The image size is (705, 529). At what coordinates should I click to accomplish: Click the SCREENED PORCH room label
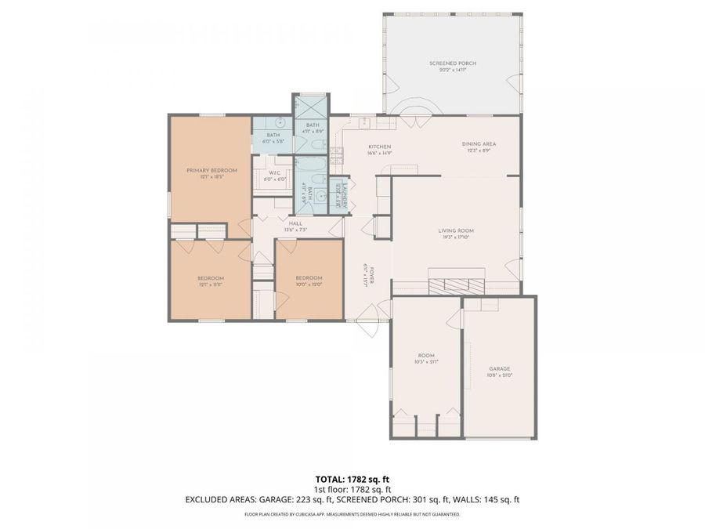coord(452,63)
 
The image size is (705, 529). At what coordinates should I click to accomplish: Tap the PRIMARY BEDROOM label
coord(211,170)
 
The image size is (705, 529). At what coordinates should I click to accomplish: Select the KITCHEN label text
coord(380,147)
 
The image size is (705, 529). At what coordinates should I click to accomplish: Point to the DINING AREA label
coord(478,144)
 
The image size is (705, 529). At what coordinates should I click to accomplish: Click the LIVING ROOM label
coord(456,230)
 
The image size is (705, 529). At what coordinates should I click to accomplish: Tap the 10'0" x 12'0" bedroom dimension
coord(309,284)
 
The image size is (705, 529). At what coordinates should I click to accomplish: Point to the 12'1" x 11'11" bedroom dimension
coord(210,284)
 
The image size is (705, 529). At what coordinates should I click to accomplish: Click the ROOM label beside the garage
coord(426,355)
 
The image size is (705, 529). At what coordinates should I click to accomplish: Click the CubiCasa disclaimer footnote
coord(352,515)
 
